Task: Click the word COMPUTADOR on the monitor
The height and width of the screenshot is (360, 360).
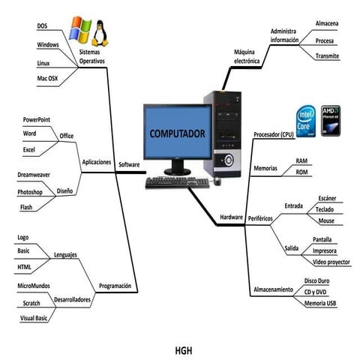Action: point(177,133)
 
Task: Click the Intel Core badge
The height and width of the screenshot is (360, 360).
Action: point(305,120)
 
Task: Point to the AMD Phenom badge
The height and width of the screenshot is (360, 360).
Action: point(331,120)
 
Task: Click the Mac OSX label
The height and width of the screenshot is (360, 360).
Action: point(48,78)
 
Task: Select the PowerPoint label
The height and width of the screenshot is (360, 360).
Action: point(37,119)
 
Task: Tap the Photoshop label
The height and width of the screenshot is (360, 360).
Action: point(30,192)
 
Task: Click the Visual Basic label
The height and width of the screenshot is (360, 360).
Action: point(33,317)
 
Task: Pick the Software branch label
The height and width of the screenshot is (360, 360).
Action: point(129,163)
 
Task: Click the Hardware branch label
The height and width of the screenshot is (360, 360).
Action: point(231,217)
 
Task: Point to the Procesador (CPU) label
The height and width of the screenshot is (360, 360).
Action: point(274,135)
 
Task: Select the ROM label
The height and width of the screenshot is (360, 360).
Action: point(301,172)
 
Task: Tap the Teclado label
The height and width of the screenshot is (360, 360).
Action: point(325,209)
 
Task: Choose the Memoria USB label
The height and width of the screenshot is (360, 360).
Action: point(320,303)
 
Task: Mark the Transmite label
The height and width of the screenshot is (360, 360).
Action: point(327,56)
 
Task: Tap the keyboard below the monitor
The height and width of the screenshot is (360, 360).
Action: point(176,182)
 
